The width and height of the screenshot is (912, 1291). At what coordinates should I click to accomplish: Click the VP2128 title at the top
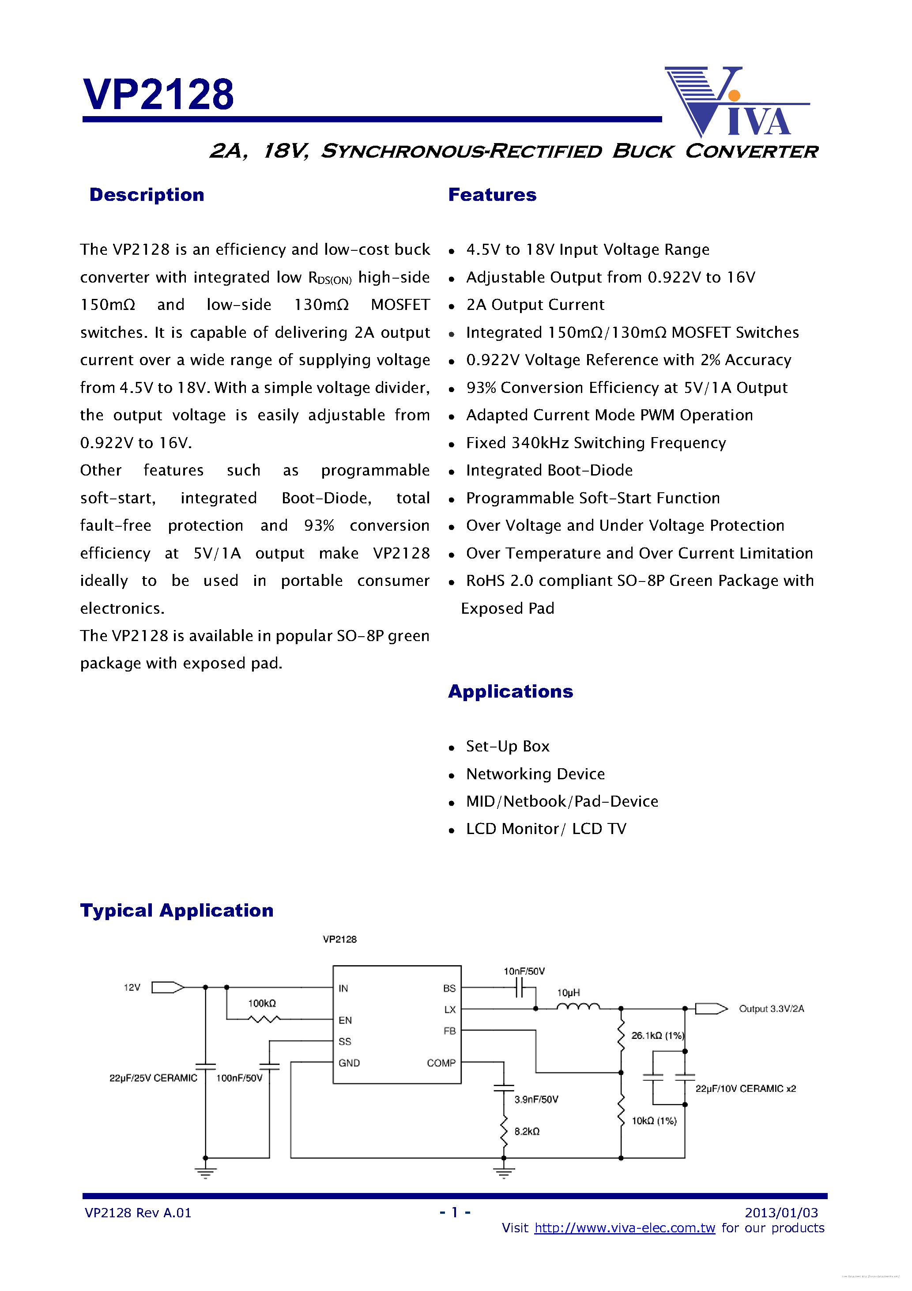(158, 94)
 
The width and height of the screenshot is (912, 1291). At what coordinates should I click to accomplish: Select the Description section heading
(147, 195)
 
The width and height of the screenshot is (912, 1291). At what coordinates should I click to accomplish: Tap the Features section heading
(492, 195)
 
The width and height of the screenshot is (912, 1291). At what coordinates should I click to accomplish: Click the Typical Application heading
(177, 910)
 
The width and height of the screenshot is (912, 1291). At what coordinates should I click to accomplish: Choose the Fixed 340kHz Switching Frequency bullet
(595, 443)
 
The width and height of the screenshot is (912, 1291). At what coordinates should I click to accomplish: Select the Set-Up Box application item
(507, 746)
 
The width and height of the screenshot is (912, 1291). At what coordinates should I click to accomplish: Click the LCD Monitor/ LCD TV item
(546, 829)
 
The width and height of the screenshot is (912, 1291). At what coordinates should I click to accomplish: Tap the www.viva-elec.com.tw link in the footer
(624, 1228)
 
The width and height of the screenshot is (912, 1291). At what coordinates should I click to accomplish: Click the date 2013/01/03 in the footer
(781, 1213)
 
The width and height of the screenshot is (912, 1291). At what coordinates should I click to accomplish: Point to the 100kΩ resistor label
(262, 1004)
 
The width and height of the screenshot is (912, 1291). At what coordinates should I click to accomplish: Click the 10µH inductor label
(569, 993)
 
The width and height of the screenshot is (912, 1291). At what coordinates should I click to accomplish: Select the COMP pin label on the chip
(441, 1063)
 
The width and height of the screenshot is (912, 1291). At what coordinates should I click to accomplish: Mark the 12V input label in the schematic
(132, 987)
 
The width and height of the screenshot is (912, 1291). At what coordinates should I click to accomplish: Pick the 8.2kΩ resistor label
(527, 1131)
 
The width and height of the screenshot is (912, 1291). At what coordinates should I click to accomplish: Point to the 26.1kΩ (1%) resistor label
(657, 1036)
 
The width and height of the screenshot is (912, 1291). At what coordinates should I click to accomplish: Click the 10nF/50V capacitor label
(524, 971)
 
